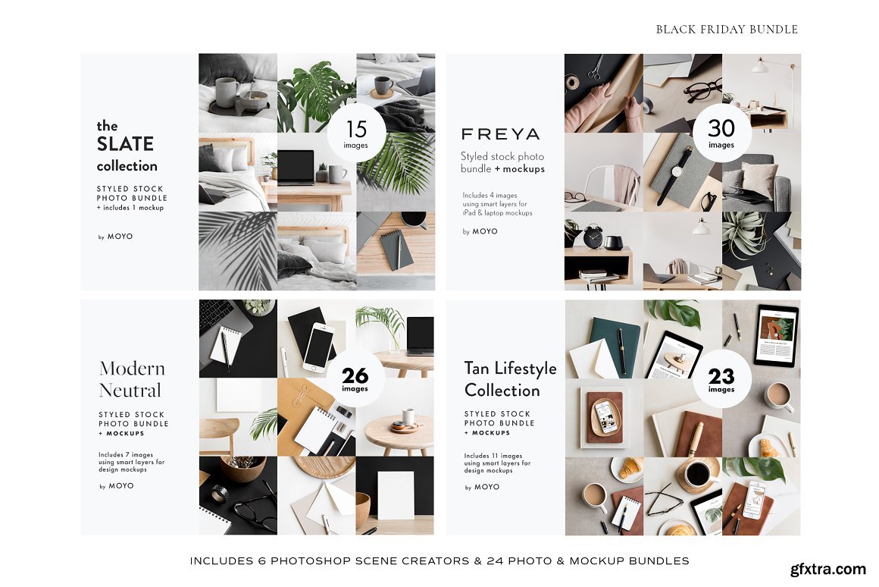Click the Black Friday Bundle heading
tap(727, 29)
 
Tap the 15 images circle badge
tap(356, 133)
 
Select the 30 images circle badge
tap(721, 133)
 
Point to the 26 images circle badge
tap(355, 378)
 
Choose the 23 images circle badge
tap(721, 378)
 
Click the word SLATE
tap(125, 144)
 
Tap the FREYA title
tap(501, 134)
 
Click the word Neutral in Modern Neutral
tap(130, 390)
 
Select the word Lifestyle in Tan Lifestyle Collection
tap(526, 369)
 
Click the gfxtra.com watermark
tap(828, 569)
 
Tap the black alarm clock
tap(593, 236)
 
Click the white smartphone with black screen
tap(318, 347)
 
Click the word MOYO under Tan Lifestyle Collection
tap(486, 487)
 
